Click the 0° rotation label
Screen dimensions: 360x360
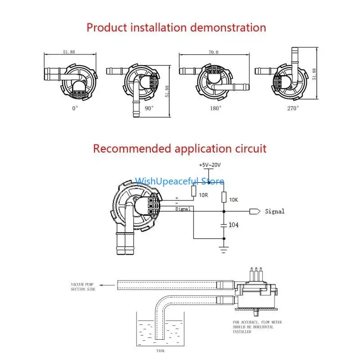75,108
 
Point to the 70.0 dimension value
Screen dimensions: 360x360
213,52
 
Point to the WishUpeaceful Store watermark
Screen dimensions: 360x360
179,181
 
